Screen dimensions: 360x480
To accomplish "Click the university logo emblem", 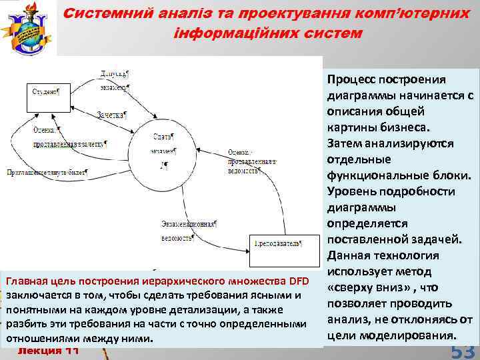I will tap(28, 27).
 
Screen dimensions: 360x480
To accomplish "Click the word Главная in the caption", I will tap(27, 281).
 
